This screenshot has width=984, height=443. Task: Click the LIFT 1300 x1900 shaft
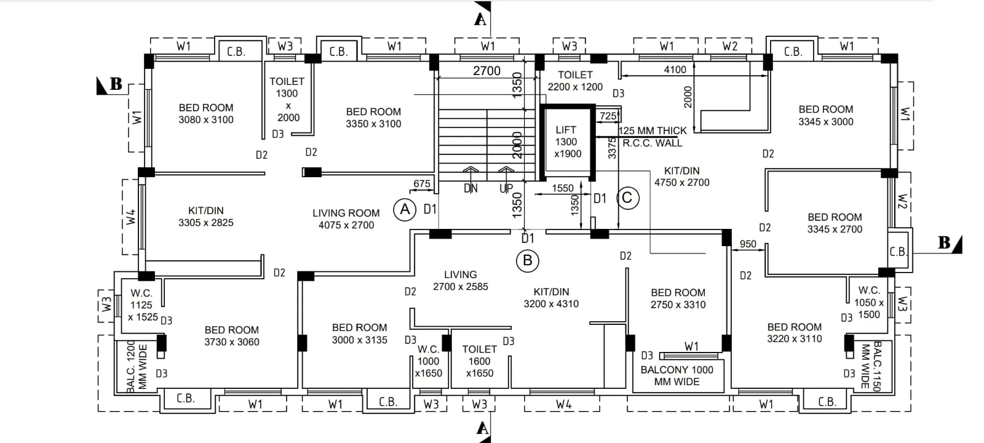(568, 142)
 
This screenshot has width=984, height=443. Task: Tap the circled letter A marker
(405, 210)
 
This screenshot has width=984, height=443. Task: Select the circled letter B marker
(527, 261)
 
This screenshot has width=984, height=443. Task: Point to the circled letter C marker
(628, 198)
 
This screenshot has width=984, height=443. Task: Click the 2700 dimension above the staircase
(486, 71)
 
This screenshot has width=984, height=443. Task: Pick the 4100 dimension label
(675, 70)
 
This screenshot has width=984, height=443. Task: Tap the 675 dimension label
(422, 183)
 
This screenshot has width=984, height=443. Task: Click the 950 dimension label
(748, 244)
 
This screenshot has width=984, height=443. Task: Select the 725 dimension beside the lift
(608, 116)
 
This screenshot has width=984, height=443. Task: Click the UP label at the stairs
(506, 188)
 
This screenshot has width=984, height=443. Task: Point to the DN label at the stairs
(470, 188)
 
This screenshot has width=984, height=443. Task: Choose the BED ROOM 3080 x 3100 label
(205, 113)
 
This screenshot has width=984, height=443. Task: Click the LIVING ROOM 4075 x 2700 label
(346, 219)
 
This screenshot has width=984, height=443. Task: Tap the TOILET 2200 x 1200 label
(575, 81)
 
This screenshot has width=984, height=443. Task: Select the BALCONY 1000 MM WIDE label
(677, 376)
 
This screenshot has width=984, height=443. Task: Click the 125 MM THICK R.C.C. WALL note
(653, 137)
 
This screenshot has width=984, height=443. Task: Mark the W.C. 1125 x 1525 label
(142, 305)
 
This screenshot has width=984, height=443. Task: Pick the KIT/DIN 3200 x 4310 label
(551, 298)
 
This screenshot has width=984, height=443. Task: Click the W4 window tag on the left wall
(131, 217)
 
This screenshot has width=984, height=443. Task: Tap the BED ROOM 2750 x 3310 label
(678, 298)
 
